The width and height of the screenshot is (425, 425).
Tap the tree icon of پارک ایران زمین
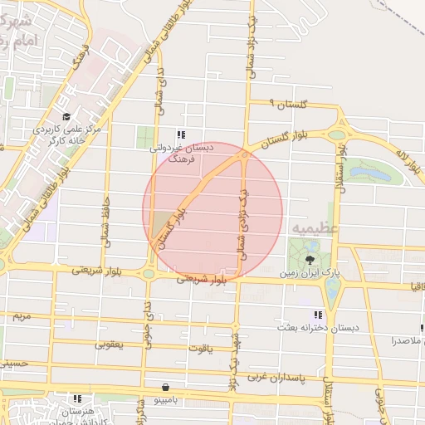[x=310, y=260]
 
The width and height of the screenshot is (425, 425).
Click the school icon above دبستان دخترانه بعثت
[x=317, y=315]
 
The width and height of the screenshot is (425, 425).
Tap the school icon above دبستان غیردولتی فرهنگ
[x=181, y=134]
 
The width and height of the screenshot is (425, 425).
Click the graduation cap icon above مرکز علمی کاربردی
[x=66, y=117]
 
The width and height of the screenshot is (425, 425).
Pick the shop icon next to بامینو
[x=167, y=387]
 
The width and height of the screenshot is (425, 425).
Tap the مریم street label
[x=20, y=317]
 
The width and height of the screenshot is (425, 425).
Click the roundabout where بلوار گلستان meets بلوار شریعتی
[x=149, y=273]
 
